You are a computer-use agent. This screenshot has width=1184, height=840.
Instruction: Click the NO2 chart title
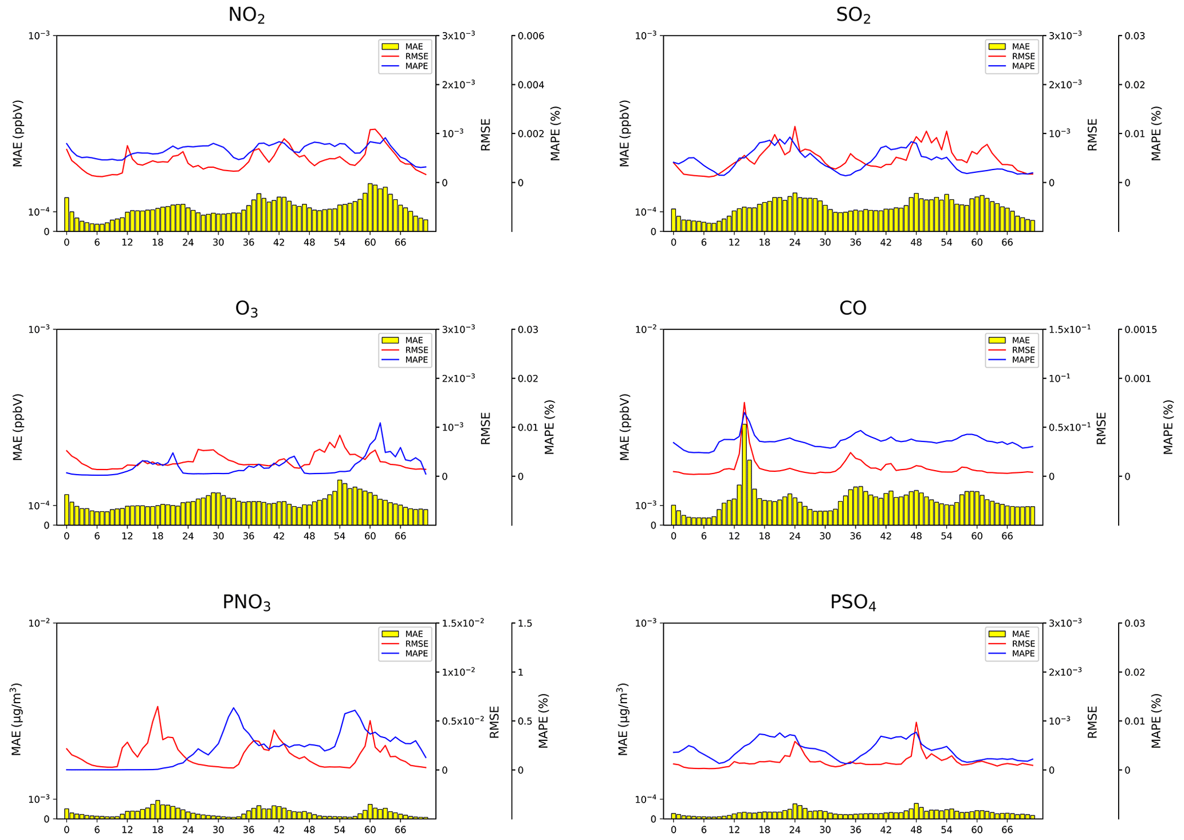point(246,15)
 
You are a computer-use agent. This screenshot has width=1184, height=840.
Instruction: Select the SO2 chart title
point(853,15)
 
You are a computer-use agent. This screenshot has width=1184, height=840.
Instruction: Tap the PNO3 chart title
point(246,602)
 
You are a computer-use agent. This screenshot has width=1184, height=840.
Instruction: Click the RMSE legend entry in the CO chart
point(1023,350)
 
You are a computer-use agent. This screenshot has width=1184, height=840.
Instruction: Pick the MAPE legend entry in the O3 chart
point(416,360)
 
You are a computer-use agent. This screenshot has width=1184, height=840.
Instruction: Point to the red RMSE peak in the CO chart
point(744,403)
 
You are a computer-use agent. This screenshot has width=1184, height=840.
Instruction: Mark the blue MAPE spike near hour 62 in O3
point(380,423)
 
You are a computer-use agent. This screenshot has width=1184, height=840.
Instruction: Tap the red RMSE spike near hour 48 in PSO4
point(916,723)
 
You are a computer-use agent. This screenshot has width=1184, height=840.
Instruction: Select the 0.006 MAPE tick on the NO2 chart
point(530,36)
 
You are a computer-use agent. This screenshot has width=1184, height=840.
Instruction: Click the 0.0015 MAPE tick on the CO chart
point(1140,330)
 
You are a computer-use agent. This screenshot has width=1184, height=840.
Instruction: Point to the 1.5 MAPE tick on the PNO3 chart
point(525,624)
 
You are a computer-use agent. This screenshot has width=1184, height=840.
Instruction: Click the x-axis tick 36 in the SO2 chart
point(855,242)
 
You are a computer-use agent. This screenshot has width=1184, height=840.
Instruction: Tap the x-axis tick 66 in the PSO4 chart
point(1007,830)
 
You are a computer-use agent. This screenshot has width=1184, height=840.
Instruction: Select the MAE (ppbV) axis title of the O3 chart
point(18,427)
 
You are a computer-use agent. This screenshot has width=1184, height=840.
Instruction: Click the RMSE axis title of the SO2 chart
point(1092,135)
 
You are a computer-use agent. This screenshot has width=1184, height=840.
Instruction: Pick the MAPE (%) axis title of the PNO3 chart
point(543,721)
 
